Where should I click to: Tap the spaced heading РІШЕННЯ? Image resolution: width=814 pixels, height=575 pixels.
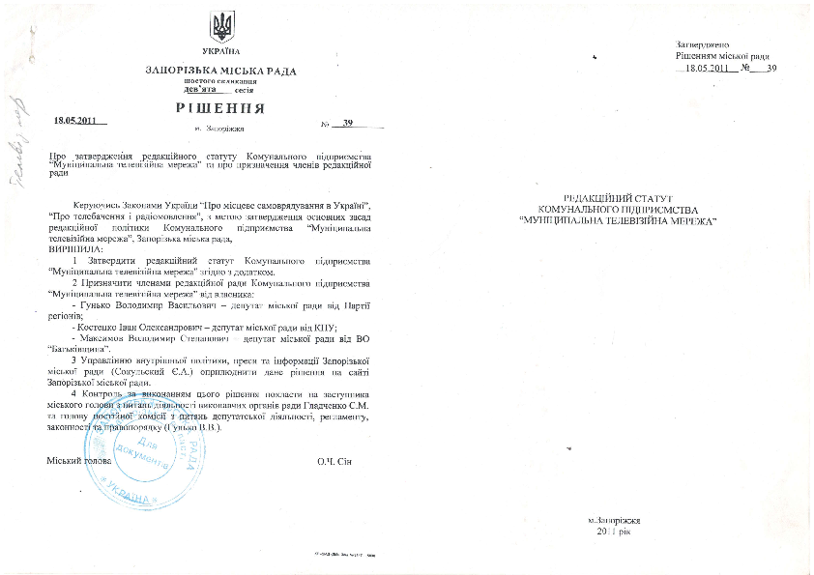tap(220, 106)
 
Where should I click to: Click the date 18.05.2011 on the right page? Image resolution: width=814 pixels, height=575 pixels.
tap(710, 69)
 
